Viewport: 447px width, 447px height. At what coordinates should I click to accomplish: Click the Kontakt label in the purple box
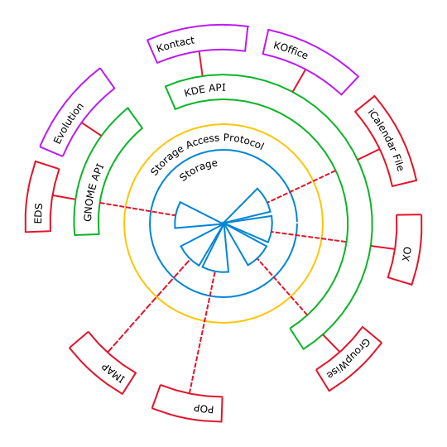175,44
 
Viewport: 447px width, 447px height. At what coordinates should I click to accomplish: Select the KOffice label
291,50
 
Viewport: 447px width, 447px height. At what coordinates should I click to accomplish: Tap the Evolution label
69,123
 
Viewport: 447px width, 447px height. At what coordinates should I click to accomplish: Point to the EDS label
38,214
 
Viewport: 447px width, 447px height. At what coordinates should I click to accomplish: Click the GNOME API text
94,192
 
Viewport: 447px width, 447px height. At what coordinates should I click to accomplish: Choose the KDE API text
204,89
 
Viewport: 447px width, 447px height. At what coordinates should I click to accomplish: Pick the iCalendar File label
387,140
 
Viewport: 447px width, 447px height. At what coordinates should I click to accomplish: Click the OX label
406,254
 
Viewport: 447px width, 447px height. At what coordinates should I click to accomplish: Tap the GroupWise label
348,358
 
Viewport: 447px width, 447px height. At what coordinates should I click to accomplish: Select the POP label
204,409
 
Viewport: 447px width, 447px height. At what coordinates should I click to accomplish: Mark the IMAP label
113,373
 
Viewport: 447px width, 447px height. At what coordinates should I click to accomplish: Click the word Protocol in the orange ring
243,141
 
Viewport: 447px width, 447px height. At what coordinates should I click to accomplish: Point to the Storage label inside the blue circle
198,171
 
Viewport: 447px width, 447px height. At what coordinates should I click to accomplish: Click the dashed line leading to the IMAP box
148,306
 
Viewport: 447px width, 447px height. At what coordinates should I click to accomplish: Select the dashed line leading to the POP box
202,333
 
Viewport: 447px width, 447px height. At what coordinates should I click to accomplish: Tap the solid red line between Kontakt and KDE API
201,64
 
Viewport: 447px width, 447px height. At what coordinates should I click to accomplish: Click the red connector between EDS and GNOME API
64,197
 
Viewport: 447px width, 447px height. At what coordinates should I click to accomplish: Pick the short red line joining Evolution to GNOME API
91,129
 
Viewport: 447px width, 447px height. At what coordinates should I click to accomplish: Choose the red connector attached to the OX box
382,248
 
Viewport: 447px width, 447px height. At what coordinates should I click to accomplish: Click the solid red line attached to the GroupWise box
331,343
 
